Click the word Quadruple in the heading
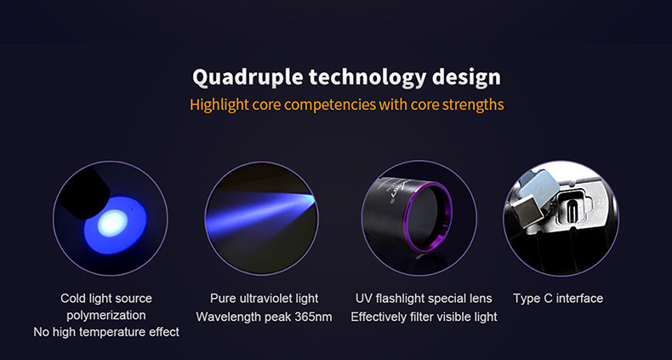click(247, 78)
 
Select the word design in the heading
click(466, 77)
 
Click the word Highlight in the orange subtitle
click(219, 105)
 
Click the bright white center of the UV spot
click(112, 224)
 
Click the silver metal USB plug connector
click(527, 211)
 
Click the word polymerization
click(105, 316)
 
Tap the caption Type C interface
click(558, 298)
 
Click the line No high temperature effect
click(106, 332)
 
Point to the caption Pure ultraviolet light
click(264, 298)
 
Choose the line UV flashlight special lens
click(424, 298)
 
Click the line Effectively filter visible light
click(424, 317)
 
